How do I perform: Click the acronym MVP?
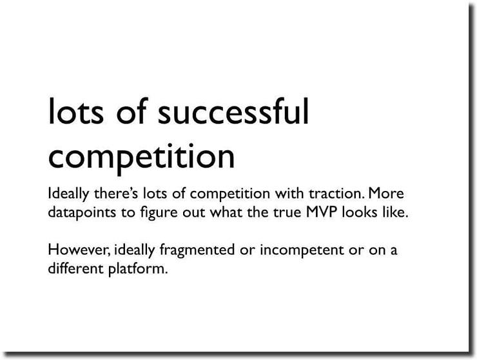[x=322, y=212]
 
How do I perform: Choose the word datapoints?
[x=82, y=213]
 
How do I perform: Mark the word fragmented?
[x=197, y=251]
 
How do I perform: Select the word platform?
[x=138, y=270]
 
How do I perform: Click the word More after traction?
[x=386, y=194]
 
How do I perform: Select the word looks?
[x=360, y=212]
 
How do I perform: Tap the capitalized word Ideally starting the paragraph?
[x=69, y=194]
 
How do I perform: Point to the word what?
[x=226, y=212]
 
